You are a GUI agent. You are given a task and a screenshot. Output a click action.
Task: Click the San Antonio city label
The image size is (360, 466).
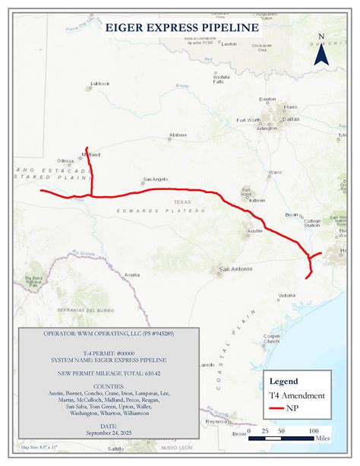pyautogui.click(x=235, y=269)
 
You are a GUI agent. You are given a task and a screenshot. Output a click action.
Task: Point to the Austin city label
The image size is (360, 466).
pyautogui.click(x=254, y=230)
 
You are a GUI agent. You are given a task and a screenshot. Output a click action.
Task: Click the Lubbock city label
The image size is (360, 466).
pyautogui.click(x=99, y=84)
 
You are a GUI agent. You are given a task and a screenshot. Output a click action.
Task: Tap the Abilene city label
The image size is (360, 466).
pyautogui.click(x=178, y=135)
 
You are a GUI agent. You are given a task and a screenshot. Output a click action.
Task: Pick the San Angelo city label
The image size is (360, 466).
pyautogui.click(x=155, y=179)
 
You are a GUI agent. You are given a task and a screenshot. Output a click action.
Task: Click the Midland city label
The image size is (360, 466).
pyautogui.click(x=91, y=154)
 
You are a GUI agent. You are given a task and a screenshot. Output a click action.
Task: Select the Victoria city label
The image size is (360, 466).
pyautogui.click(x=286, y=295)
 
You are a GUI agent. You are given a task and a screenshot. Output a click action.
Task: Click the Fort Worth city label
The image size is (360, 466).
pyautogui.click(x=248, y=120)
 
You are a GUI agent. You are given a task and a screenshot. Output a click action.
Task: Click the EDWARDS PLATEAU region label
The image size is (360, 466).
pyautogui.click(x=150, y=209)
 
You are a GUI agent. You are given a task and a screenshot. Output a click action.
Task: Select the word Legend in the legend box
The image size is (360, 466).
pyautogui.click(x=283, y=382)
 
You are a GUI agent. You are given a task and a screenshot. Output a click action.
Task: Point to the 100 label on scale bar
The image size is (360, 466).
pyautogui.click(x=313, y=431)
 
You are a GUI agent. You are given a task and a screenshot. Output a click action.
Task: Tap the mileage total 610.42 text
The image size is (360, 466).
pyautogui.click(x=109, y=375)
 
